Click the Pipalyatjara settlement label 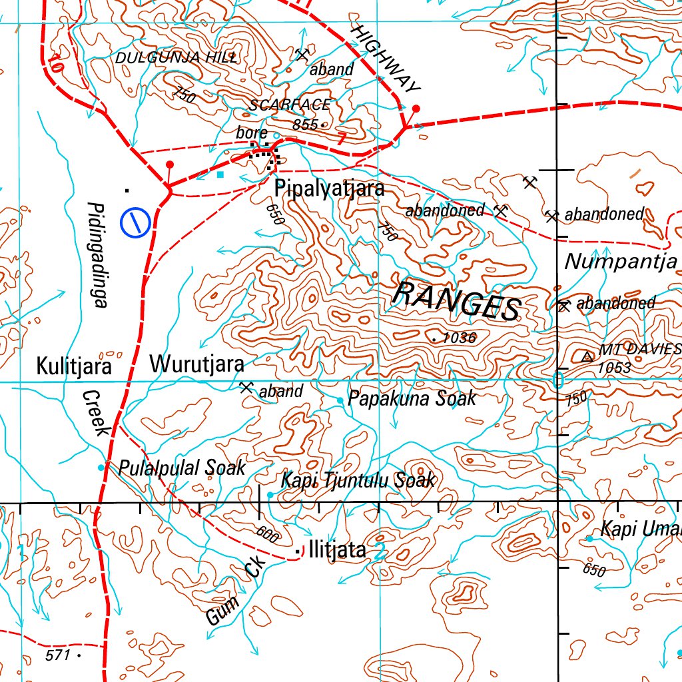pyautogui.click(x=330, y=188)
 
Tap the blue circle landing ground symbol pyautogui.click(x=134, y=222)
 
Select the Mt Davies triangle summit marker pyautogui.click(x=587, y=357)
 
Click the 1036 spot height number pyautogui.click(x=459, y=338)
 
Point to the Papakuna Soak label pyautogui.click(x=412, y=398)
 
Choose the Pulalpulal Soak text pyautogui.click(x=182, y=468)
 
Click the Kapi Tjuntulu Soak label pyautogui.click(x=358, y=480)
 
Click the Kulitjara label pyautogui.click(x=73, y=366)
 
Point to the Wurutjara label pyautogui.click(x=196, y=365)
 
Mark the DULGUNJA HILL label pyautogui.click(x=176, y=58)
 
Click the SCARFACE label pyautogui.click(x=289, y=105)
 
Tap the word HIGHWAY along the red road pyautogui.click(x=386, y=59)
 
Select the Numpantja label pyautogui.click(x=621, y=262)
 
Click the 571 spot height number pyautogui.click(x=58, y=655)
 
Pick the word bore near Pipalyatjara pyautogui.click(x=252, y=133)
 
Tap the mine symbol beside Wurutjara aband pyautogui.click(x=246, y=387)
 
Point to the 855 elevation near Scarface pyautogui.click(x=305, y=124)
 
